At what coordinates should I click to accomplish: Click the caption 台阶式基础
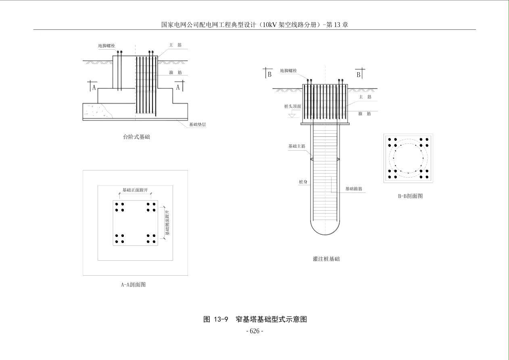pos(136,137)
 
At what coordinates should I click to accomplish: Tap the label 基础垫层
pos(198,125)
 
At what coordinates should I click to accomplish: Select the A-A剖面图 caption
pos(134,285)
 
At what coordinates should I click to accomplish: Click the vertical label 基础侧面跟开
pos(168,222)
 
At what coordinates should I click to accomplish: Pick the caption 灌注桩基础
pos(326,259)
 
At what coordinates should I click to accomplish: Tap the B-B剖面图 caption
pos(410,196)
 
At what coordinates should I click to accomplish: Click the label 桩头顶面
pos(292,107)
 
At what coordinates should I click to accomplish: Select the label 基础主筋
pos(296,146)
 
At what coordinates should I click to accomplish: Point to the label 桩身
pos(303,182)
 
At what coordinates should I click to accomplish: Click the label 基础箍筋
pos(354,188)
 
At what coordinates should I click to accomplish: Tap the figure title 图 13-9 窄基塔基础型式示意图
pos(255,319)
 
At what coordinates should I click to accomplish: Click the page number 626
pos(255,331)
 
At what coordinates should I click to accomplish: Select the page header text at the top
pos(255,25)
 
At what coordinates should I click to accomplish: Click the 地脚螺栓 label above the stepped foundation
pos(106,46)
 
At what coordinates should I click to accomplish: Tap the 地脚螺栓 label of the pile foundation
pos(288,71)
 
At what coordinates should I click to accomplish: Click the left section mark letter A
pos(94,88)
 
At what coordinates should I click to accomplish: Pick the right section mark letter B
pos(358,75)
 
